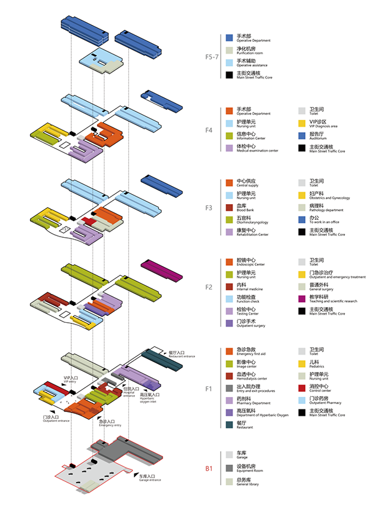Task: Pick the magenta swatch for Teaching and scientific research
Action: click(x=302, y=298)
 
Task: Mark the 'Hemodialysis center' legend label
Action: click(x=254, y=378)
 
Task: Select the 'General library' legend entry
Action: click(x=250, y=484)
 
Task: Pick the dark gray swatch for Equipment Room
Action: click(x=230, y=468)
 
